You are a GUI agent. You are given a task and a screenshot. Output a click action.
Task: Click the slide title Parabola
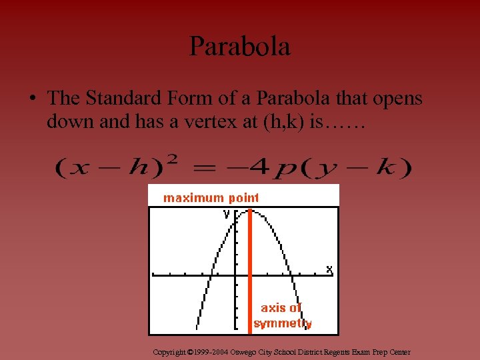(x=240, y=47)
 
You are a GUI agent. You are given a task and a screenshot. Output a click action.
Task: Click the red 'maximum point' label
(x=211, y=197)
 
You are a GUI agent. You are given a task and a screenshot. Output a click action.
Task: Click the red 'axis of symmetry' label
(x=282, y=315)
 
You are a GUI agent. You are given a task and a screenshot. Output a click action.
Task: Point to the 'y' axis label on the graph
(x=227, y=214)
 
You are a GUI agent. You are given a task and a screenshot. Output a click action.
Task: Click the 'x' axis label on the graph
(x=329, y=269)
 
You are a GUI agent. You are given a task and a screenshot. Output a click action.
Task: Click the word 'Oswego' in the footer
(x=243, y=352)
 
